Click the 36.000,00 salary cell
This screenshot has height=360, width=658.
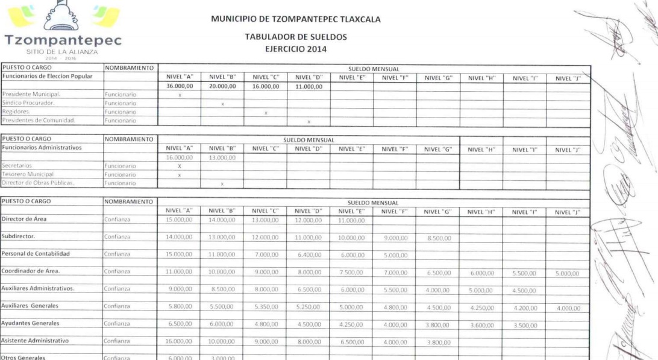(180, 86)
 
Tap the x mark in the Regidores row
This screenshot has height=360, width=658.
(265, 113)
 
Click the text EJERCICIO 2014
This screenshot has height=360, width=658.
(295, 49)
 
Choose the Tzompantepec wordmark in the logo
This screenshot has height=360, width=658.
(63, 40)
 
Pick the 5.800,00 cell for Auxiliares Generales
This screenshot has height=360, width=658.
(180, 307)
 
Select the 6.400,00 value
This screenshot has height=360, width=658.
(309, 255)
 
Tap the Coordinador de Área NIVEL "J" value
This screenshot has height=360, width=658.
(567, 273)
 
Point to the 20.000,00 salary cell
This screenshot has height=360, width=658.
(222, 86)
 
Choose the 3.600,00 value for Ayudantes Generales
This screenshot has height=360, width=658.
(481, 324)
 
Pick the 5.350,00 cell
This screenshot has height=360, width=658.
(266, 307)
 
